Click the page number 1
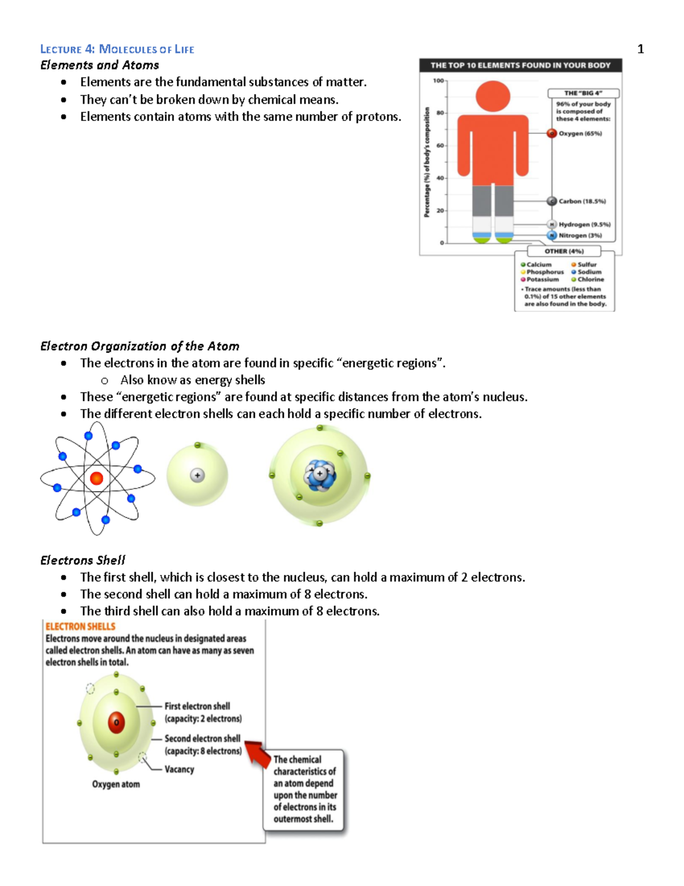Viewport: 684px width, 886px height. point(640,49)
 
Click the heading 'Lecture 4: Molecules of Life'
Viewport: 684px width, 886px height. point(117,49)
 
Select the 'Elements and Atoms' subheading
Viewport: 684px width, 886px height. point(100,65)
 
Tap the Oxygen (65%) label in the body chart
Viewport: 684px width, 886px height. point(580,133)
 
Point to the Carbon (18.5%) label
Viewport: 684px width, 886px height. point(582,201)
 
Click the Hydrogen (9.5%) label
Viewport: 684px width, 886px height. point(584,225)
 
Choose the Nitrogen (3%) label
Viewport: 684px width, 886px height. point(580,235)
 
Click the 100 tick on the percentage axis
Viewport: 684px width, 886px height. point(438,81)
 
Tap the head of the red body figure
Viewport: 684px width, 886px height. point(492,96)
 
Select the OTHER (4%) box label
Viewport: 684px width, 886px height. point(564,251)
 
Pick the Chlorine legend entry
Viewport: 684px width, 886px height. point(591,280)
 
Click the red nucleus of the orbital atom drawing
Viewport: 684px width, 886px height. point(96,478)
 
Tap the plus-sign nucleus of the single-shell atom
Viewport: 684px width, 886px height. point(197,475)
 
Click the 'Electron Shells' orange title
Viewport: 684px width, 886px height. point(80,626)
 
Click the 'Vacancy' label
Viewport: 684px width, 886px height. point(179,770)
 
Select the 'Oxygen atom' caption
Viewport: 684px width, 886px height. point(116,784)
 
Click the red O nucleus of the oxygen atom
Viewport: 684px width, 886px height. point(116,722)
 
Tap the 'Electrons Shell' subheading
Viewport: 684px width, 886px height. point(83,560)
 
